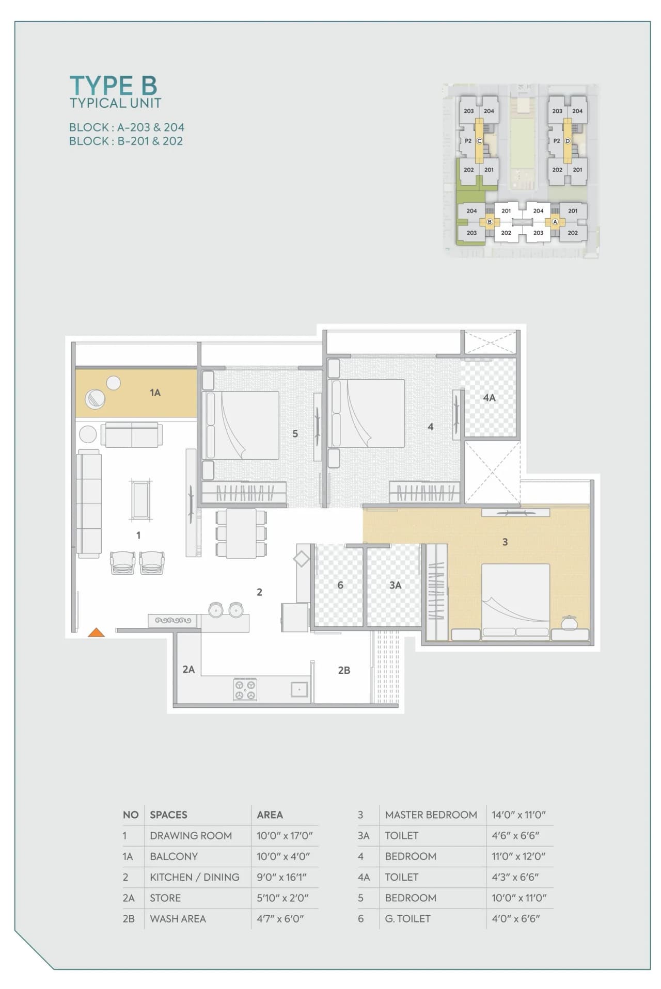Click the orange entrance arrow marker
(x=96, y=633)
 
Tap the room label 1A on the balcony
(x=155, y=393)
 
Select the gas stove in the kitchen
(x=245, y=689)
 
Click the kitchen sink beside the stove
(x=299, y=689)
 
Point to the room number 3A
(x=395, y=585)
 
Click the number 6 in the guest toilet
(x=340, y=585)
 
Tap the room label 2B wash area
(x=344, y=670)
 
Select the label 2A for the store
(x=188, y=669)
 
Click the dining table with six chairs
(x=241, y=533)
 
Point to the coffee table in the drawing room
(x=141, y=499)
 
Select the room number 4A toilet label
(x=489, y=398)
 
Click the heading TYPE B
(x=113, y=86)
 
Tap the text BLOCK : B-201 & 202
(x=126, y=141)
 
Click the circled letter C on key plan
(x=479, y=141)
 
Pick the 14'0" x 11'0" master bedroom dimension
(x=518, y=815)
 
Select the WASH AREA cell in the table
(x=178, y=918)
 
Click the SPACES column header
(x=168, y=815)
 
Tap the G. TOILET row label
(x=407, y=918)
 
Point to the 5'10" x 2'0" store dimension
(x=282, y=898)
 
